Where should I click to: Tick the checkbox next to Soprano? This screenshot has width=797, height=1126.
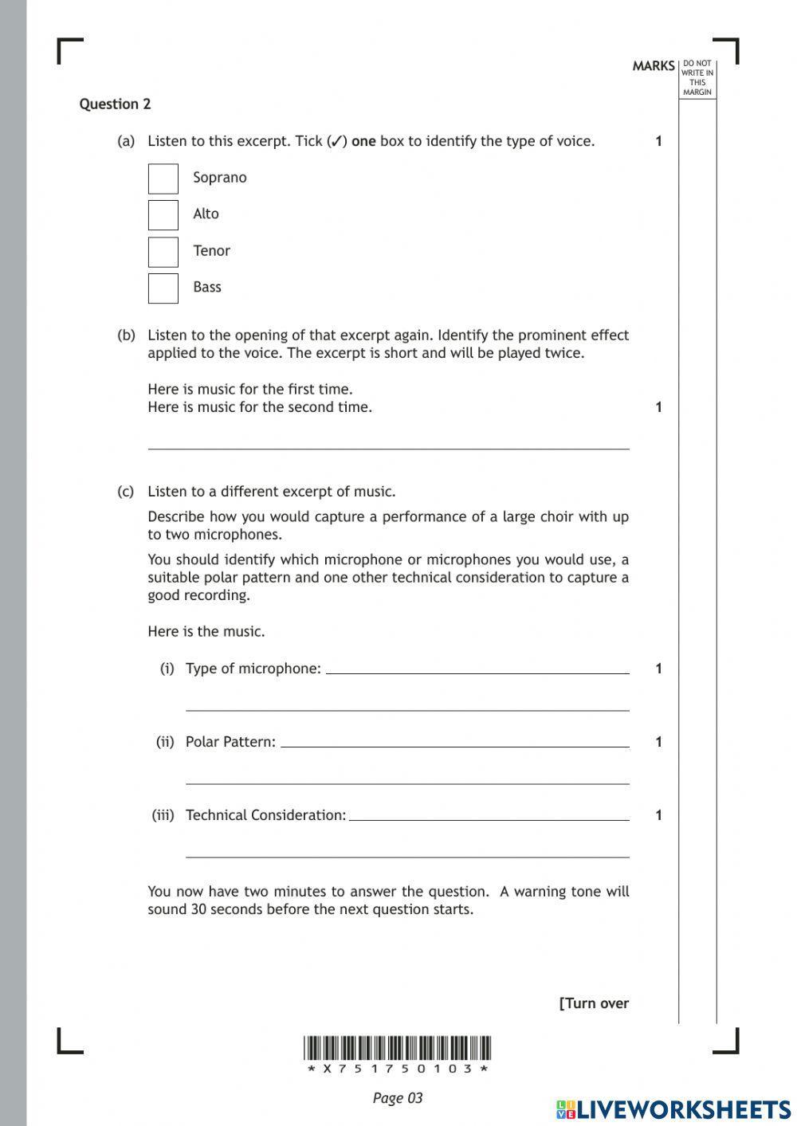click(x=163, y=179)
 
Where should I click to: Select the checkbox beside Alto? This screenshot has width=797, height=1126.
click(x=163, y=215)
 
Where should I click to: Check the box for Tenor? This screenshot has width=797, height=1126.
click(x=163, y=252)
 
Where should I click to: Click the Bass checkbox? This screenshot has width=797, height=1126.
click(x=163, y=288)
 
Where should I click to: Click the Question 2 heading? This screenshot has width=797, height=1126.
click(x=115, y=104)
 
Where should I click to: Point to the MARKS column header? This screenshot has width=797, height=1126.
click(x=653, y=66)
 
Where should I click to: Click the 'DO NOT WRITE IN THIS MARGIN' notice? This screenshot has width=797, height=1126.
click(x=697, y=78)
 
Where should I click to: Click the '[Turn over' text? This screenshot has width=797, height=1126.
click(x=594, y=1003)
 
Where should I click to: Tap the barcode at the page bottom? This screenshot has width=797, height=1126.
click(x=398, y=1048)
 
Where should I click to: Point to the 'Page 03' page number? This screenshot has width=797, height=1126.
click(x=397, y=1098)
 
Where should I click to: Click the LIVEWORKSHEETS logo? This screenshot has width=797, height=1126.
click(x=673, y=1108)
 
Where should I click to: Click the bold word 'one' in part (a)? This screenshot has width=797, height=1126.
click(x=363, y=142)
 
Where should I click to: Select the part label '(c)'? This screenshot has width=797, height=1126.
click(x=126, y=492)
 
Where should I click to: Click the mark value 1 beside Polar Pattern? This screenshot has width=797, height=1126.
click(x=658, y=742)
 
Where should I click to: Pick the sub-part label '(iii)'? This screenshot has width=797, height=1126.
click(x=163, y=815)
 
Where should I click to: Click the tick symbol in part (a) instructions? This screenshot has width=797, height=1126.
click(x=337, y=142)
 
